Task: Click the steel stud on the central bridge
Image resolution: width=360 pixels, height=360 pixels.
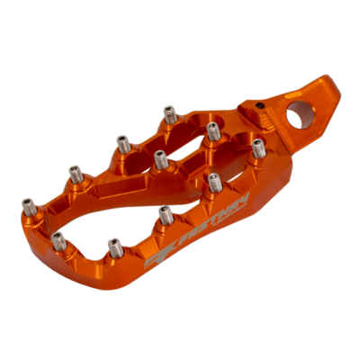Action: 161,159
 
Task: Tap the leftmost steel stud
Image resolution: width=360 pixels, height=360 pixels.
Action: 28,205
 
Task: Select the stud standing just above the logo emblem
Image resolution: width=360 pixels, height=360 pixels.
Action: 166,214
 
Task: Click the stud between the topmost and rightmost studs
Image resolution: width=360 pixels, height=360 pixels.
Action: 213,131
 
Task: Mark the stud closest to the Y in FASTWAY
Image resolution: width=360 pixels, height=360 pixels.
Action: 213,182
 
